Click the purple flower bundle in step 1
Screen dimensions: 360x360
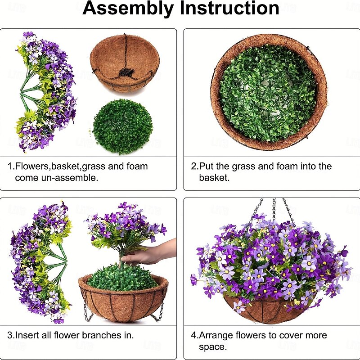(x=45, y=90)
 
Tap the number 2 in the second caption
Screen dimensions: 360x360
(x=193, y=166)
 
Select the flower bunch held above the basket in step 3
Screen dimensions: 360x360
(x=124, y=227)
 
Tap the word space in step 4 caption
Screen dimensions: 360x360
(x=213, y=346)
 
